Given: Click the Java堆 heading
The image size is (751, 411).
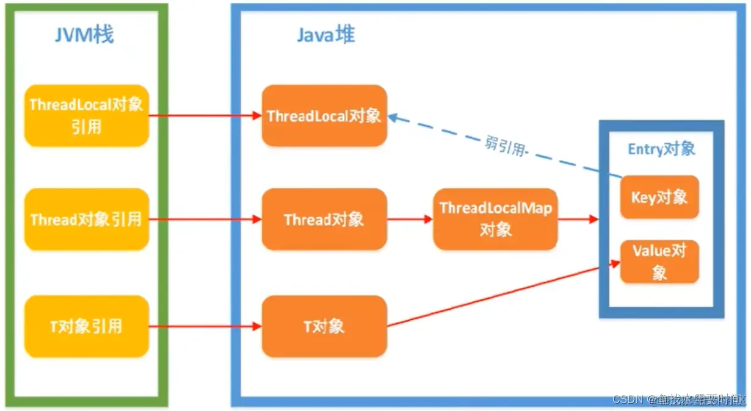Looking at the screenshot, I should [325, 35].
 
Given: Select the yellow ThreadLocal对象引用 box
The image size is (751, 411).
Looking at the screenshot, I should [86, 115].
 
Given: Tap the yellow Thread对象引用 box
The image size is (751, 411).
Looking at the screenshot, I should [86, 220].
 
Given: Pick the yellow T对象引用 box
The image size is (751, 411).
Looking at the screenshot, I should [86, 326].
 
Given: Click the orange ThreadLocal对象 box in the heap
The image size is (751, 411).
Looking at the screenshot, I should [324, 116].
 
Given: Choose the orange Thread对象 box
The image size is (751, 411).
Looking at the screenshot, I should [324, 220].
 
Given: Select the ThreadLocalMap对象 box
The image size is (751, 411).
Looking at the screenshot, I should [495, 219].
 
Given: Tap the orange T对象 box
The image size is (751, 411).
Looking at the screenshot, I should [324, 326].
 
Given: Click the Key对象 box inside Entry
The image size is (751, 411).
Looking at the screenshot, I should [659, 197].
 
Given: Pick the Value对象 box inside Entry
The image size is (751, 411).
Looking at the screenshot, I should [659, 262].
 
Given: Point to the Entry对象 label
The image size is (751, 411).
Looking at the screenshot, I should [661, 149].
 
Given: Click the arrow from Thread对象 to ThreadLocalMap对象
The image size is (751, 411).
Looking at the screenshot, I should [410, 220].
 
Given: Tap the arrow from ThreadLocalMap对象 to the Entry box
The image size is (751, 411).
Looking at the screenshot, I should [578, 220].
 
